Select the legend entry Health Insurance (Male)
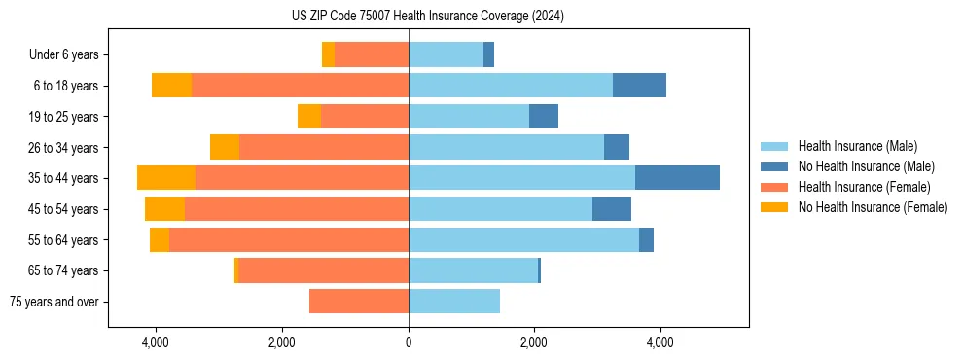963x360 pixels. (857, 146)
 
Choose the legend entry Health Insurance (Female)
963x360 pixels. (864, 187)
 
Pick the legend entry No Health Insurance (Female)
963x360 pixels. (873, 207)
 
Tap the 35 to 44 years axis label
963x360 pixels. (65, 178)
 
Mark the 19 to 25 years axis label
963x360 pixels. (65, 117)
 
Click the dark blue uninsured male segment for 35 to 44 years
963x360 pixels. (677, 178)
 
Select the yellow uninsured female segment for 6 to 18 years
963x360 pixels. (171, 86)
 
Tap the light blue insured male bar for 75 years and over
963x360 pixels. (454, 302)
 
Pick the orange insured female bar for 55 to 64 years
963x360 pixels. (289, 240)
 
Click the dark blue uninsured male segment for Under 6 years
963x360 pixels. (488, 55)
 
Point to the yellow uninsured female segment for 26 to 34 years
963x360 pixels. (225, 148)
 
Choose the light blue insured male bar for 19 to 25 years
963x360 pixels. (469, 117)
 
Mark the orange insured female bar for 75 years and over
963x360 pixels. (359, 302)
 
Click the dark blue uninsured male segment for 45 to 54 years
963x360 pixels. (612, 209)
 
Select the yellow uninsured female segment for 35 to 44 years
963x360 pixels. (166, 178)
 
